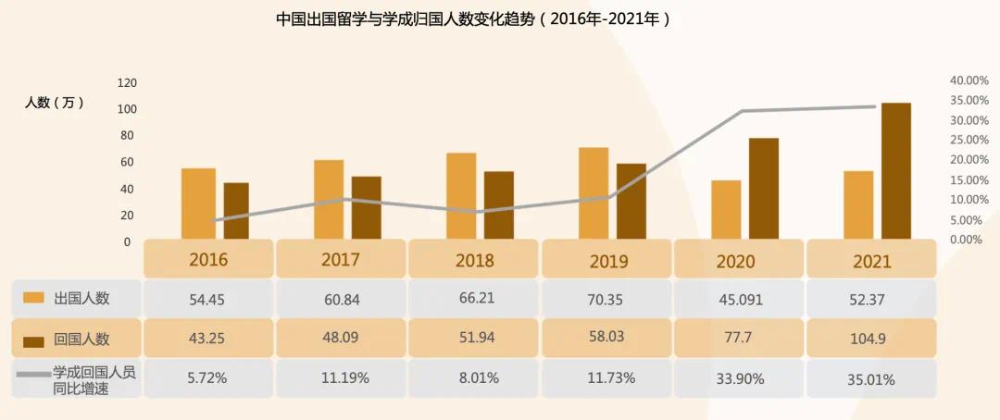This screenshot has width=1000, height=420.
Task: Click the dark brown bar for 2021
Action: [895, 171]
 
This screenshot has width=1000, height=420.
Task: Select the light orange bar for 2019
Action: [594, 193]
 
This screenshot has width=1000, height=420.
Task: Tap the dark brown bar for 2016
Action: [235, 211]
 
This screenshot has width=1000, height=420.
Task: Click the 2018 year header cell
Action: [474, 260]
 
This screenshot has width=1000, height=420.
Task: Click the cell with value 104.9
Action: [870, 339]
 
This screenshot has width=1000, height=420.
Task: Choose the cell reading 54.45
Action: [208, 299]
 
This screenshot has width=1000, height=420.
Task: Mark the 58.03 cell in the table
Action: [606, 339]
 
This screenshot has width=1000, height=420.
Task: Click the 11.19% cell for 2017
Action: [342, 377]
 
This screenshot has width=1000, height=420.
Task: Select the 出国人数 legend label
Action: [82, 298]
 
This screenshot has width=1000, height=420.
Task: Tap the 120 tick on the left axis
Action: [127, 83]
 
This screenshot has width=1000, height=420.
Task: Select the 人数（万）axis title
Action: [54, 103]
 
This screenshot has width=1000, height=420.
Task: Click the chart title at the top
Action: [473, 19]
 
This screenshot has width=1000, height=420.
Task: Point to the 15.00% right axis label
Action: [968, 179]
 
